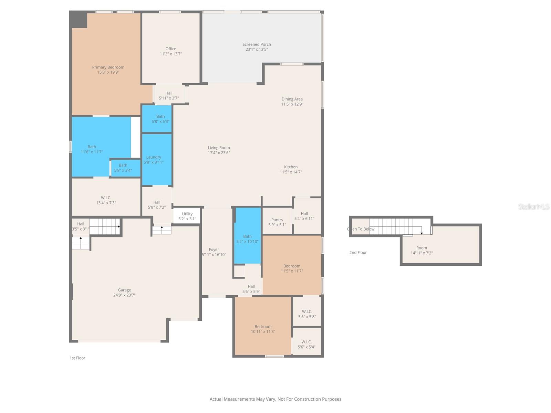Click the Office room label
click(170, 49)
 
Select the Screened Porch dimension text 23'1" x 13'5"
click(257, 50)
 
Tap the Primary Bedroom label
click(108, 67)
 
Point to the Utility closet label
click(187, 214)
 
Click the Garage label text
click(124, 290)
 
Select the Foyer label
click(214, 250)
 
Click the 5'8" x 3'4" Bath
click(123, 168)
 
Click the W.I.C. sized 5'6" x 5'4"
click(306, 344)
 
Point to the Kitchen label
click(291, 167)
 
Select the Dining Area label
click(292, 99)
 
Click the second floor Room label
click(422, 248)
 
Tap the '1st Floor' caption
click(77, 358)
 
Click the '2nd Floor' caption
click(358, 253)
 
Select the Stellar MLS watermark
click(533, 206)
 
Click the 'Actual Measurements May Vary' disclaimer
click(275, 399)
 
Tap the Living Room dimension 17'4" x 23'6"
click(219, 153)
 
